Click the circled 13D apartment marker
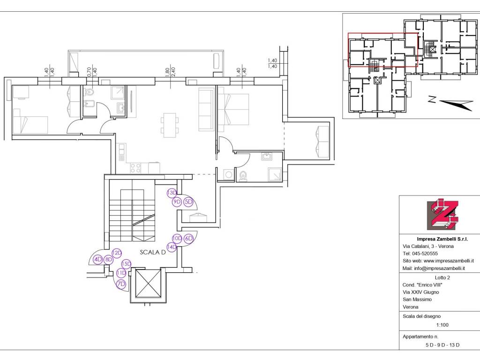pos(172,193)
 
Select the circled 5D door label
pos(188,202)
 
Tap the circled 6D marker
pos(189,239)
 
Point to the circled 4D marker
pos(97,260)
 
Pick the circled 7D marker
pos(121,284)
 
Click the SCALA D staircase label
pos(153,252)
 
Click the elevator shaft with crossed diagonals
pos(148,284)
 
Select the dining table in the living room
pos(170,125)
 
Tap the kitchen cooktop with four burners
pos(135,168)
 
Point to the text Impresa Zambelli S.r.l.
pos(442,239)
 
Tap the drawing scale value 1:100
pos(442,325)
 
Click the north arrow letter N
pos(432,99)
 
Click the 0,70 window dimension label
pos(89,72)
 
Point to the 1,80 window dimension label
pos(167,72)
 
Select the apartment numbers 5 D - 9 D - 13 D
pos(442,345)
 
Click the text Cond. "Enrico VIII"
pos(422,285)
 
